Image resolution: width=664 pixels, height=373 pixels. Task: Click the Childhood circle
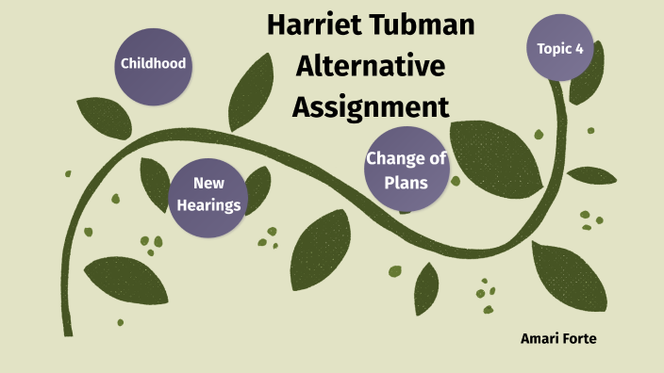(x=152, y=64)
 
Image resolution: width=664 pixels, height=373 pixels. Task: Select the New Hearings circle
(x=209, y=193)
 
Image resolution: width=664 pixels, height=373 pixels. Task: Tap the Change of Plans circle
(x=407, y=170)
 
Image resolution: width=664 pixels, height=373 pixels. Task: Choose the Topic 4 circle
(x=559, y=47)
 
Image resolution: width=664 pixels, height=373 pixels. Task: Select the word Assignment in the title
(x=370, y=105)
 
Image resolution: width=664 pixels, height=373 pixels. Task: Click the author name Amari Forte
(x=558, y=337)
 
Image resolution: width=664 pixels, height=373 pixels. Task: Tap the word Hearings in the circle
(x=209, y=204)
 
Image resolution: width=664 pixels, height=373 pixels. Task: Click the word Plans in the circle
(x=407, y=182)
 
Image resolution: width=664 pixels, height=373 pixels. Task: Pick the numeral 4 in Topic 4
(x=578, y=47)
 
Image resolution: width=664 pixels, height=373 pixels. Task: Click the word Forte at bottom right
(x=580, y=337)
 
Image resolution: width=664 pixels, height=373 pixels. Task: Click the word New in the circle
(x=209, y=183)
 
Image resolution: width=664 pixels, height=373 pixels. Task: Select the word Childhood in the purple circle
(x=152, y=64)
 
